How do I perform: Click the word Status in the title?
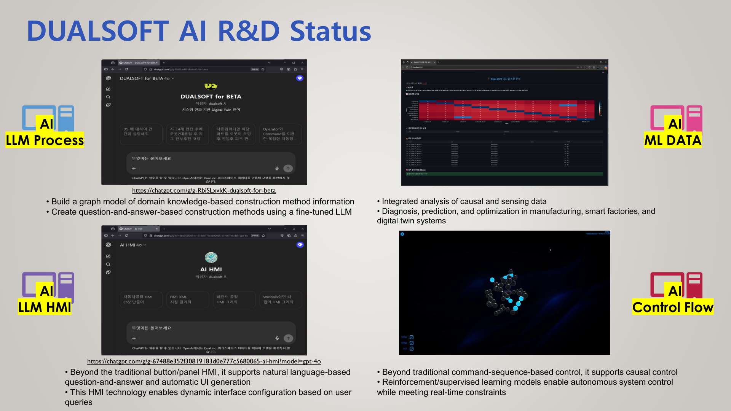click(x=330, y=31)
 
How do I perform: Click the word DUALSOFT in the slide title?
click(x=98, y=31)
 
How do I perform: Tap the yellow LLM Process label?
click(x=45, y=140)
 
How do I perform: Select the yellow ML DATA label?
click(x=673, y=140)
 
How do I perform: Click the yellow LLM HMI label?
click(x=45, y=307)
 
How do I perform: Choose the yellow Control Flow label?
click(x=673, y=307)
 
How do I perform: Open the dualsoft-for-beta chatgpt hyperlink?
click(x=204, y=191)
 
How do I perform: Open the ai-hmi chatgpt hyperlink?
click(x=204, y=362)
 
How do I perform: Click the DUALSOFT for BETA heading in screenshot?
click(x=211, y=97)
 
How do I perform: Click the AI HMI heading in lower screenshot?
click(x=211, y=269)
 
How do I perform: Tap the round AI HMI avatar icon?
click(x=211, y=258)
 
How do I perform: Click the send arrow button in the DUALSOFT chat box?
click(x=288, y=168)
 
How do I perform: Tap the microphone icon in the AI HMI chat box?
click(x=277, y=338)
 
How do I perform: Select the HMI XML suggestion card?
click(x=187, y=299)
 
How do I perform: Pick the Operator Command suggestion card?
click(x=280, y=134)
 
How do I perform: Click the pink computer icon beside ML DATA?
click(x=676, y=118)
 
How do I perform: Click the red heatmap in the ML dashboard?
click(x=506, y=110)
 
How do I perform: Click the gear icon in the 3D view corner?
click(x=402, y=234)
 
